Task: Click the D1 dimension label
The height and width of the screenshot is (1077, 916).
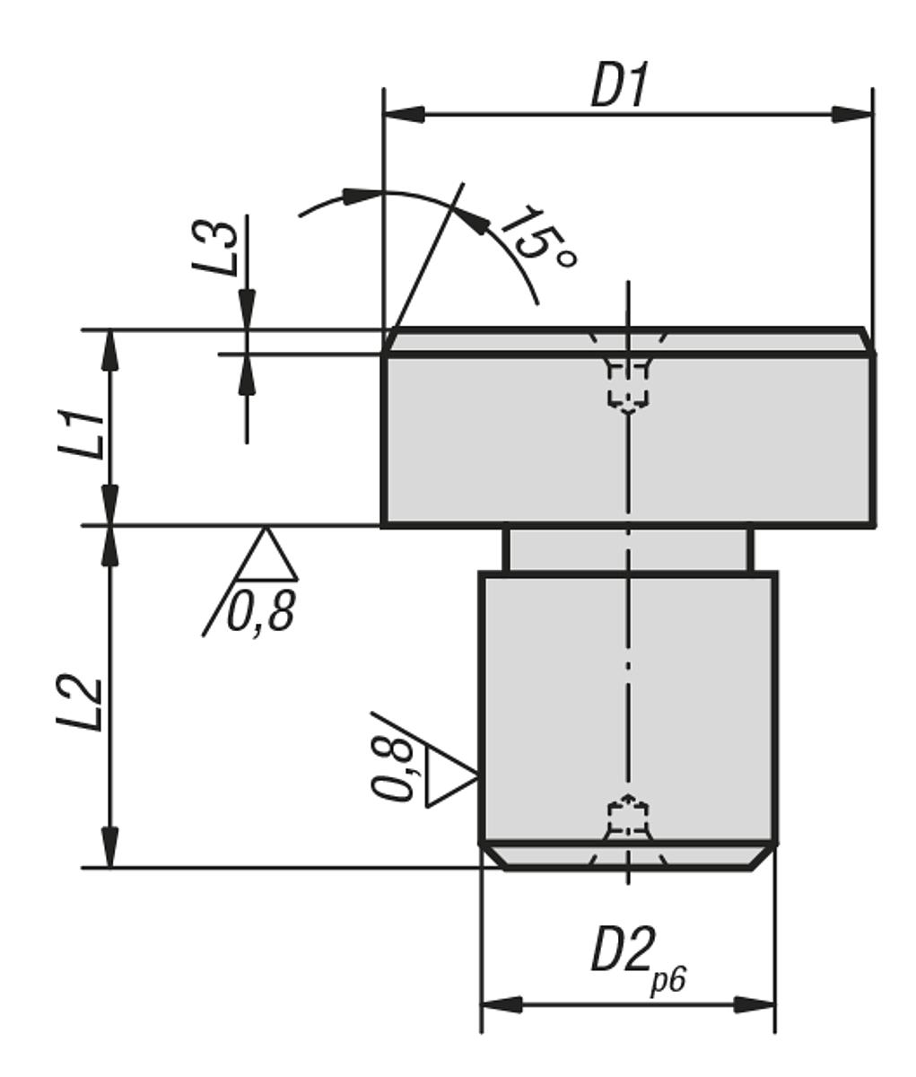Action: click(618, 87)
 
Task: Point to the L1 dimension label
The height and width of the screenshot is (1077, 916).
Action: click(87, 434)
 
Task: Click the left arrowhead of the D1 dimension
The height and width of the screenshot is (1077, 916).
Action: click(404, 115)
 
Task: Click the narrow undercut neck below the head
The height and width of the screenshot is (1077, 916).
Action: click(628, 549)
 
